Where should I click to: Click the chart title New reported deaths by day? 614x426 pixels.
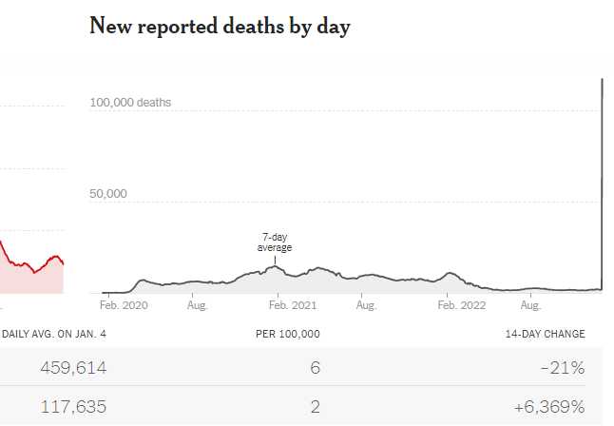tap(220, 27)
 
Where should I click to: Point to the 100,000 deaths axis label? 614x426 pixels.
tap(131, 102)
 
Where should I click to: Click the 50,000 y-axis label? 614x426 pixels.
tap(108, 194)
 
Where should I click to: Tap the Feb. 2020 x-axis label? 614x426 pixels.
tap(125, 306)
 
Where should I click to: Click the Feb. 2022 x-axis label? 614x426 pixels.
tap(460, 306)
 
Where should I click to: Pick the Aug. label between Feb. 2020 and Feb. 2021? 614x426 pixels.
tap(197, 306)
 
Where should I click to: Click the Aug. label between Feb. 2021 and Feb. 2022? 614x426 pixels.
tap(365, 306)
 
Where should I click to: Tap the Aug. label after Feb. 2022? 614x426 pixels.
tap(531, 306)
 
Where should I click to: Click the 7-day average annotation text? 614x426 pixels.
tap(275, 242)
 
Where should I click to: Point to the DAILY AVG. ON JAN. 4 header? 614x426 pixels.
tap(54, 334)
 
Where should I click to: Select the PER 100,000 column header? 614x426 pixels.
tap(288, 334)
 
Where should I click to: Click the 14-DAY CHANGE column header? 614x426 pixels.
tap(546, 334)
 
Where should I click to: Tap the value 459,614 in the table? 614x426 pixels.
tap(72, 367)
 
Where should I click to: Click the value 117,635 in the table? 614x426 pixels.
tap(72, 407)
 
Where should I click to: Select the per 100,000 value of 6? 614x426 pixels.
tap(315, 367)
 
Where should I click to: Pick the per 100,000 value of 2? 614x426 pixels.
tap(315, 407)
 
